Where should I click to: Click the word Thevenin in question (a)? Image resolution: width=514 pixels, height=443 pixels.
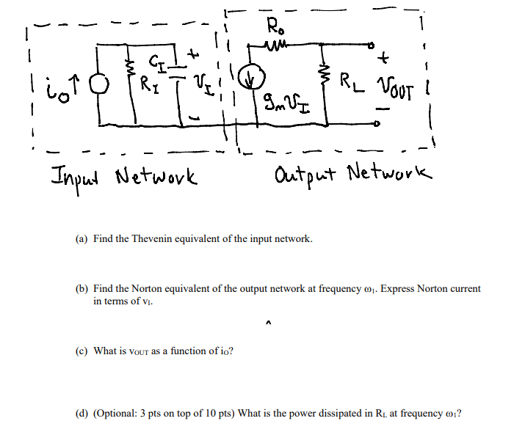pos(158,240)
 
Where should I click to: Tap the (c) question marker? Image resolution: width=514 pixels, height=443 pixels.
pos(82,351)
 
